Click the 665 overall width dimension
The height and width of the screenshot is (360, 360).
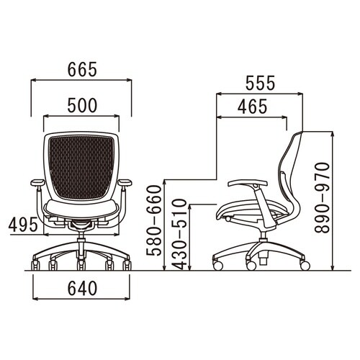pos(82,70)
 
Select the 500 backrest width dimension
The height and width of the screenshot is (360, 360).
pos(82,106)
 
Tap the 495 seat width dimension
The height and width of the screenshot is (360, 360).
pos(23,225)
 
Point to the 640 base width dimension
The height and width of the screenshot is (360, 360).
pos(82,288)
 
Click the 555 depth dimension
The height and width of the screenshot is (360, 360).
pos(260,83)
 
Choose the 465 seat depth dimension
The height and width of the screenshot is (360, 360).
pos(252,107)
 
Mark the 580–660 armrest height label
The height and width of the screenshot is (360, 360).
pos(154,220)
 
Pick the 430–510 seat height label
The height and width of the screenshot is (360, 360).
pos(179,235)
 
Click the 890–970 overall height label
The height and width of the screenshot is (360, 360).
pos(322,198)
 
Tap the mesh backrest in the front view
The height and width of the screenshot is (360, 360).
pos(81,167)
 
